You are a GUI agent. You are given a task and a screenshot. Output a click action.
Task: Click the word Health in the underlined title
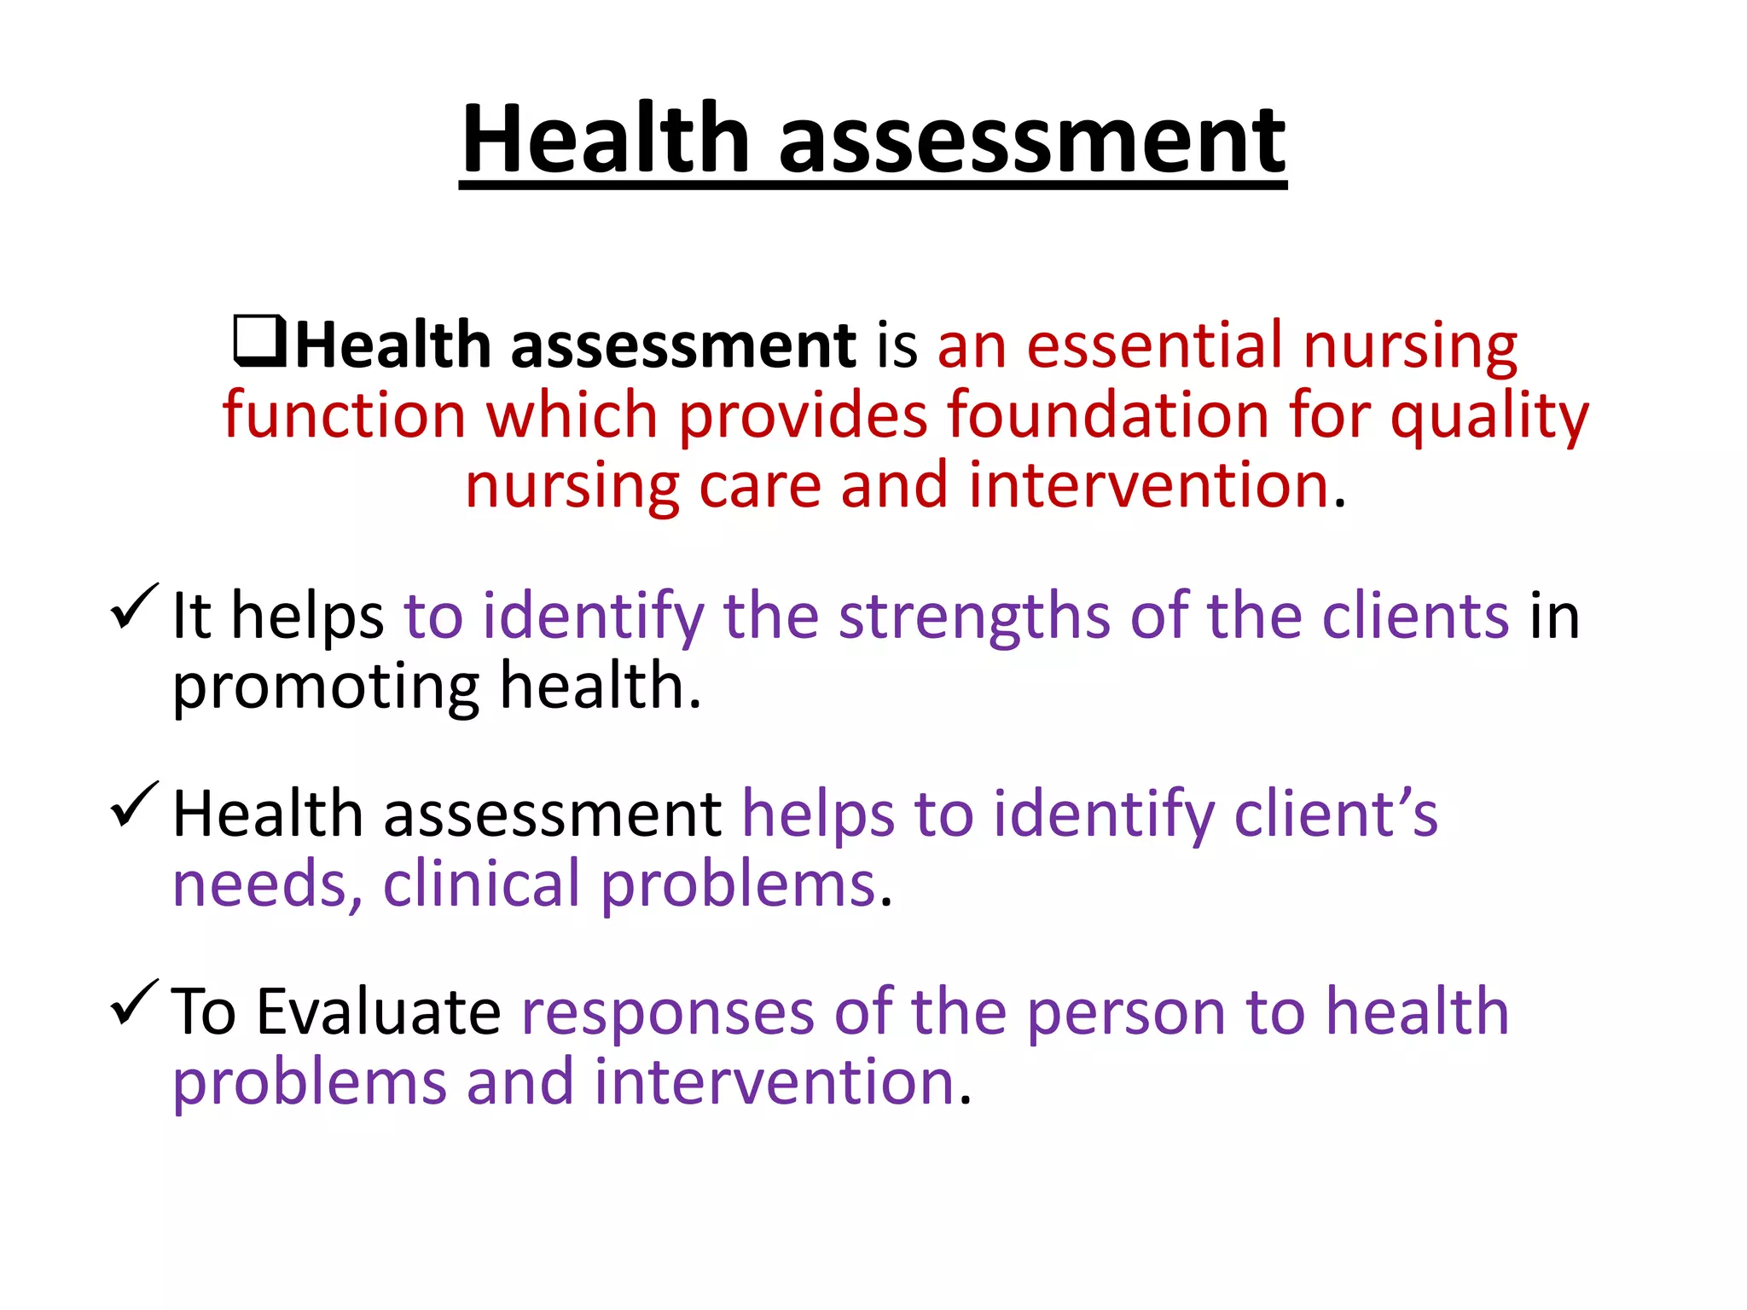coord(606,138)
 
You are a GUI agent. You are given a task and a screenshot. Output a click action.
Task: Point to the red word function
coord(344,415)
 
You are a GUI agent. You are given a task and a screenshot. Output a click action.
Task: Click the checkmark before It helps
coord(135,607)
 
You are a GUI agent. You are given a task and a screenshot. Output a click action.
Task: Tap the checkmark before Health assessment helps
coord(135,805)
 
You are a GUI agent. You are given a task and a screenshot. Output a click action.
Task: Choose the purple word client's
coord(1336,814)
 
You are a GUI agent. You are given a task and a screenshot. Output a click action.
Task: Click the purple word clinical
coord(481,884)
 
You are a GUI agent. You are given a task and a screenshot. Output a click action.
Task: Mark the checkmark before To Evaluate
coord(135,1003)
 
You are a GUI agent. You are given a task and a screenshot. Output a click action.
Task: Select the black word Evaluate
coord(379,1012)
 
